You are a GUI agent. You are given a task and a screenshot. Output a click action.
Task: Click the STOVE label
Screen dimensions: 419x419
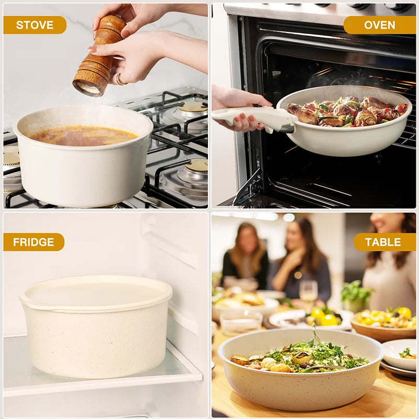(x=35, y=25)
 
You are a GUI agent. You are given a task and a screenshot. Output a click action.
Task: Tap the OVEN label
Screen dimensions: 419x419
(x=379, y=25)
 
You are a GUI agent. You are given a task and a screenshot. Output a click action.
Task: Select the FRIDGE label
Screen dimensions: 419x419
(x=34, y=242)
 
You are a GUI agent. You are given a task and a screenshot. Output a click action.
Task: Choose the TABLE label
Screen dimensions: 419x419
(x=382, y=242)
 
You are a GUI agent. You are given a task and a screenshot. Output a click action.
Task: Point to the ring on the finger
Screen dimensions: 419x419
(x=119, y=80)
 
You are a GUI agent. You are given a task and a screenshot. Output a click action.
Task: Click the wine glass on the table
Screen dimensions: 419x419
(x=308, y=291)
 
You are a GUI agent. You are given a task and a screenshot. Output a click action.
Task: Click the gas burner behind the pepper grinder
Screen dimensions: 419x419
(x=193, y=108)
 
